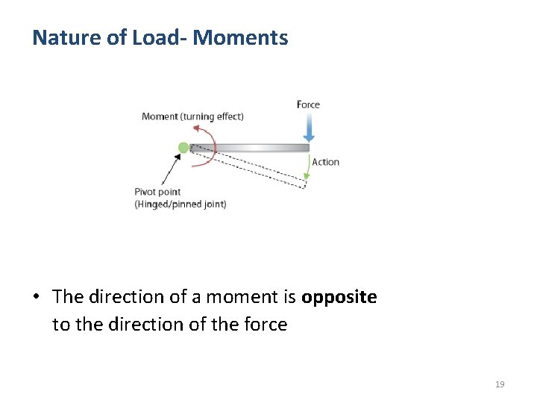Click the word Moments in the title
[x=240, y=37]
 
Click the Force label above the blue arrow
[x=308, y=104]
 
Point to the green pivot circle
[x=183, y=148]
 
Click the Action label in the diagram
[x=325, y=162]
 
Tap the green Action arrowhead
[x=307, y=177]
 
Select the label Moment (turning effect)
[x=192, y=116]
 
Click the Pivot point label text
[x=157, y=193]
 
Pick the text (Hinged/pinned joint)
[x=180, y=204]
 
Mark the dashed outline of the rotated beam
[x=254, y=168]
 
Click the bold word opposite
[x=339, y=297]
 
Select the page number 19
[x=500, y=384]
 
